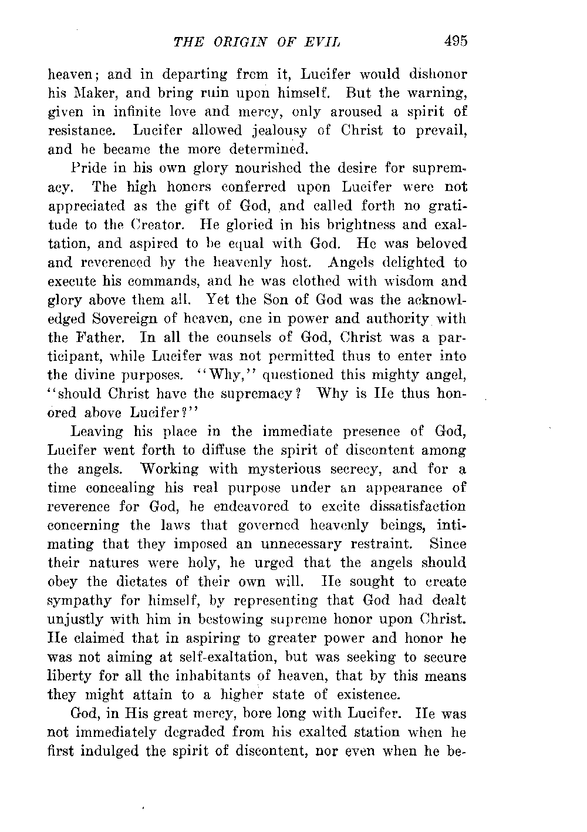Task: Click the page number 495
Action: (x=455, y=41)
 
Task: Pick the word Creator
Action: (x=166, y=225)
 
